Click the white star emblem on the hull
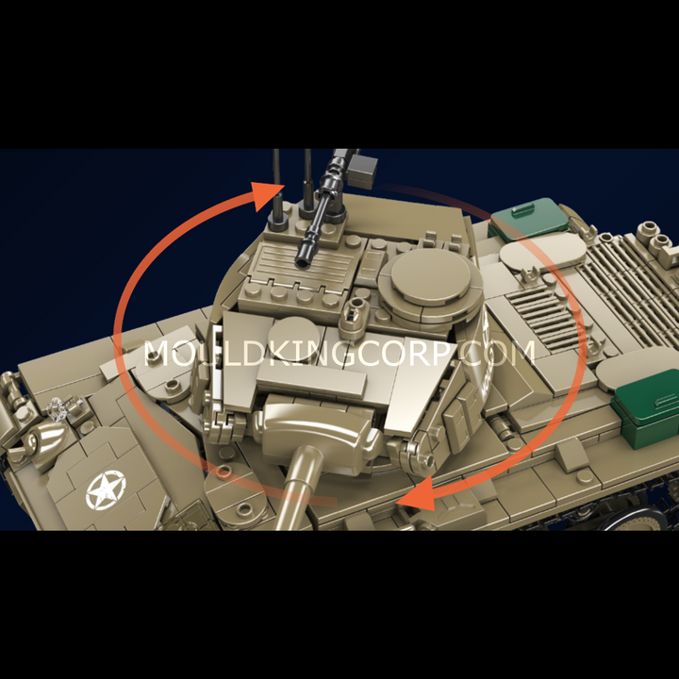106,489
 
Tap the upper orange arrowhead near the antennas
265,195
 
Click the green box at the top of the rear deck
529,218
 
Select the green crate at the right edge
646,409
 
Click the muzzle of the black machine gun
303,260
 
